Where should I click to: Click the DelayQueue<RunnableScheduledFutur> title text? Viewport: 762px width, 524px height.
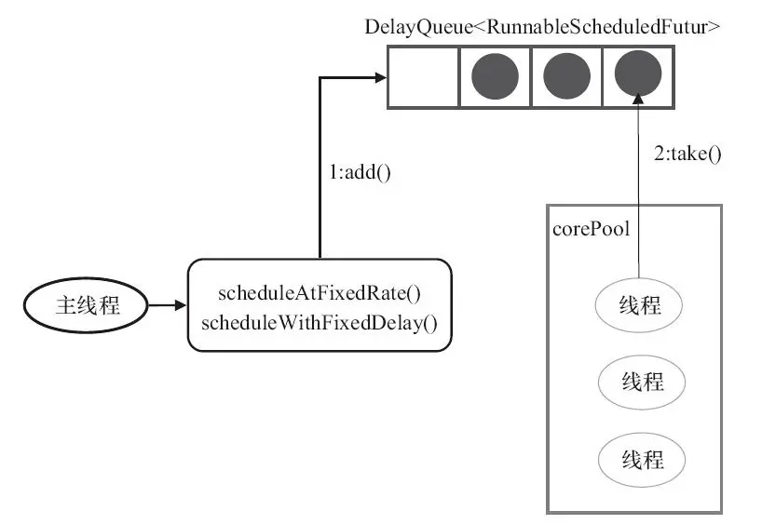tap(542, 27)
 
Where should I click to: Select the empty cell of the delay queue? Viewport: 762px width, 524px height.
tap(423, 76)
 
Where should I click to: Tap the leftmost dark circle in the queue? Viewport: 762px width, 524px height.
tap(496, 76)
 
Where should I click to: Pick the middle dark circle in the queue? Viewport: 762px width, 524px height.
tap(566, 76)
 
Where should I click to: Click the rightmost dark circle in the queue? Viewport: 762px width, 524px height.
tap(638, 74)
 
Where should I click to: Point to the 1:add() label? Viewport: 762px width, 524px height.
tap(361, 172)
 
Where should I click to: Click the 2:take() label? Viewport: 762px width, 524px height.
tap(687, 154)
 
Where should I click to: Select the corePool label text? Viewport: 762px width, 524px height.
tap(591, 229)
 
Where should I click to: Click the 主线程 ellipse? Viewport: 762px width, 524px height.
tap(86, 305)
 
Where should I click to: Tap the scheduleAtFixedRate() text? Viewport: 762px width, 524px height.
tap(320, 293)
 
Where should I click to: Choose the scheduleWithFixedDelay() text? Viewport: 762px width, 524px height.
tap(320, 323)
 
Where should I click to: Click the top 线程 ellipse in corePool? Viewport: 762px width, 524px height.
tap(638, 305)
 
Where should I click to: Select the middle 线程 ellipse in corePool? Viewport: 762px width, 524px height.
tap(642, 382)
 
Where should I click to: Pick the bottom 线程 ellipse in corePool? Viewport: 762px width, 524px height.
tap(642, 459)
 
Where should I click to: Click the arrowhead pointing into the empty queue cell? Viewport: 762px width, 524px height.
tap(380, 76)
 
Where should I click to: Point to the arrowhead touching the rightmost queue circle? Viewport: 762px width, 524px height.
tap(638, 99)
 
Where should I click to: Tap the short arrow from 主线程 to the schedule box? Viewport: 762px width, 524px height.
tap(167, 305)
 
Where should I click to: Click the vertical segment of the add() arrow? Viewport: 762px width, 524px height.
tap(320, 168)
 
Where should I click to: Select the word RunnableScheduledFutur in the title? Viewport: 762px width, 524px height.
tap(598, 27)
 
